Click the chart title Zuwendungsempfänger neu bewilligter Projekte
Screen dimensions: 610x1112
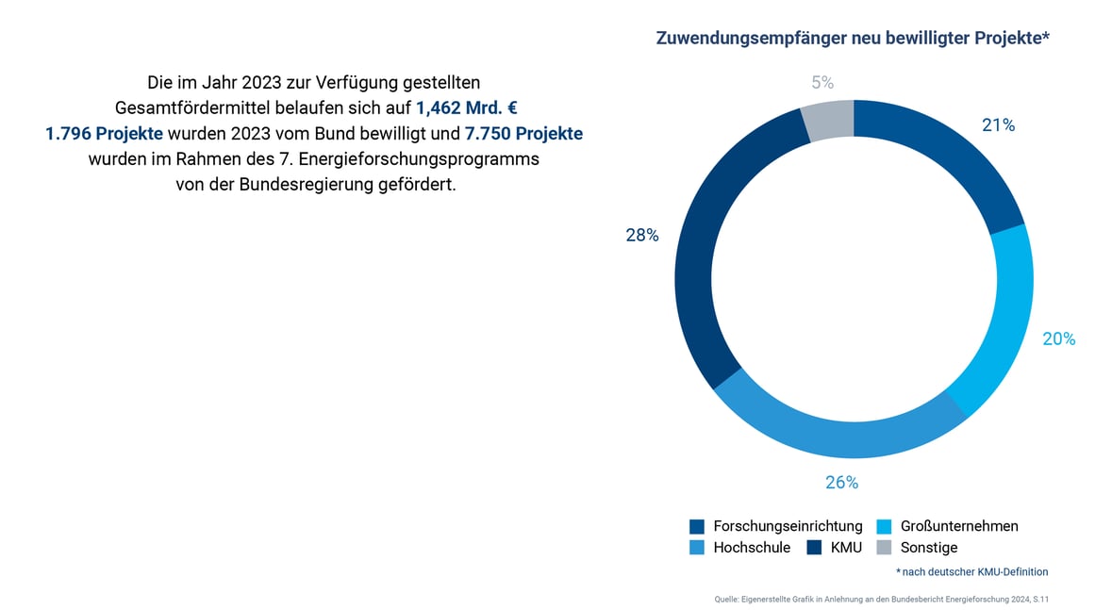pos(853,39)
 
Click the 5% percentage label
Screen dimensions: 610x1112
pos(822,83)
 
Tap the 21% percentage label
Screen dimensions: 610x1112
pos(998,125)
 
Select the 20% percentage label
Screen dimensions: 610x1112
pos(1058,339)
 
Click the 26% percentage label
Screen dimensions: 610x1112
pos(841,483)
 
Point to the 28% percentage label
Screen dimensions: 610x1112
pos(641,236)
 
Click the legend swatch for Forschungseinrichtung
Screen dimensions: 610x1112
pos(697,526)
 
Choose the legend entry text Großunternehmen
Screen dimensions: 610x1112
pos(959,526)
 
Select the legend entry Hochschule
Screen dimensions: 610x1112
pos(752,548)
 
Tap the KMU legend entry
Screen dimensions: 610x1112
pos(846,548)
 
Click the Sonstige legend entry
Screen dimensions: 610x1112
pos(929,548)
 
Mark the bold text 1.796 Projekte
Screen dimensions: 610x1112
pos(104,134)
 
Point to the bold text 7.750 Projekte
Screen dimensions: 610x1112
pos(523,134)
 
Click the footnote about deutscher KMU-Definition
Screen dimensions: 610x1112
pos(971,572)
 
